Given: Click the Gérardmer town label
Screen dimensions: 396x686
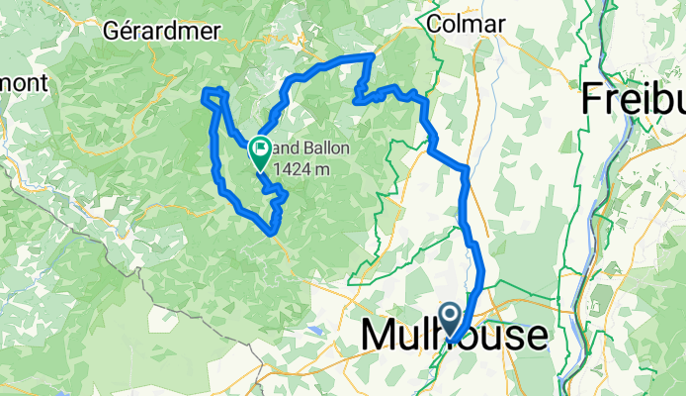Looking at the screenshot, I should [x=153, y=30].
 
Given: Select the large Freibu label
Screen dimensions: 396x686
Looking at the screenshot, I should [x=634, y=98].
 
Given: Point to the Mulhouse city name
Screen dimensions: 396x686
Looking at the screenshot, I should [x=454, y=336].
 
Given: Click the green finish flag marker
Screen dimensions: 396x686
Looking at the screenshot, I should [x=260, y=152].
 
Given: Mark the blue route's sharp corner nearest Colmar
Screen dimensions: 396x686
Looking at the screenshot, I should [x=372, y=56].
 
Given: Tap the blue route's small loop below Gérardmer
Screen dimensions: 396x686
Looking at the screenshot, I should [x=214, y=94].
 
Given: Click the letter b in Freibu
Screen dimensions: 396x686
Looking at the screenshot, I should [x=654, y=98].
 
